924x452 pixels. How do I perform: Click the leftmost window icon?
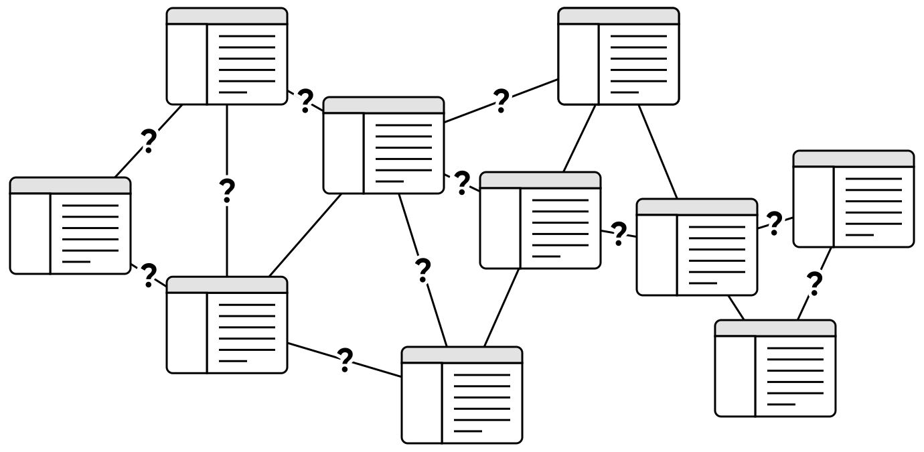70,226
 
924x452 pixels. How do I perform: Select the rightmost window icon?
854,199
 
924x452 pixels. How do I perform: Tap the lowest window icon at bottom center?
462,395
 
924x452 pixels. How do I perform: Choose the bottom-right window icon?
775,368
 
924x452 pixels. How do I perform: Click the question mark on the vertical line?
228,192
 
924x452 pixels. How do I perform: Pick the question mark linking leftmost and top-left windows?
149,141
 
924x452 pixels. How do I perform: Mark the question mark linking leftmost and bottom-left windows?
149,275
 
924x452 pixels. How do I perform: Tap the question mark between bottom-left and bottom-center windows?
345,360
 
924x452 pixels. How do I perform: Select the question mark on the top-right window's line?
501,100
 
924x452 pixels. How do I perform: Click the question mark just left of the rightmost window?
775,223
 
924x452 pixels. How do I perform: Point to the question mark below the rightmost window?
814,285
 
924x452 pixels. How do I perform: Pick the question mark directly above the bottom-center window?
422,269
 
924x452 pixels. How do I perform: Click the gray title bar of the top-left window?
227,17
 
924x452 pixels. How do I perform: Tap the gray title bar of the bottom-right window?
775,328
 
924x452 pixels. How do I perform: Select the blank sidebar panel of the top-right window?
579,64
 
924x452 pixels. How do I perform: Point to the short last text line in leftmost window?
76,261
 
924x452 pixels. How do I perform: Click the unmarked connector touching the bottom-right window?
737,307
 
